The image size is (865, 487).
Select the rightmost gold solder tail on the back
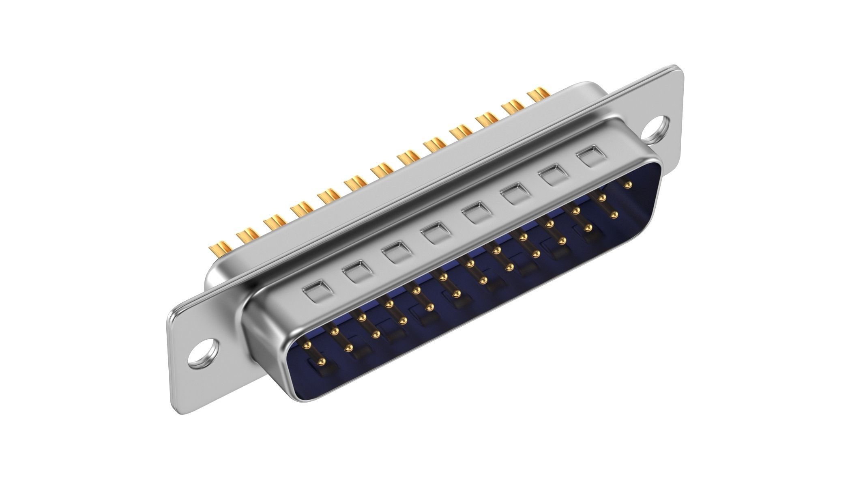538,95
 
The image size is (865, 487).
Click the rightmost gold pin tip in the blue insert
628,185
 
